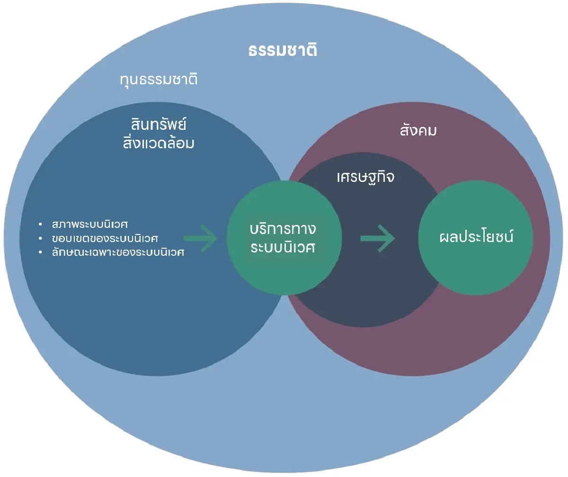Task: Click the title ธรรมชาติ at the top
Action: (x=283, y=51)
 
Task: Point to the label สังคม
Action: (x=418, y=131)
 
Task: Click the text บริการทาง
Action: (x=283, y=229)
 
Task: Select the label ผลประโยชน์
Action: (x=476, y=237)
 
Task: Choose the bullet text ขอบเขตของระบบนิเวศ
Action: (x=105, y=237)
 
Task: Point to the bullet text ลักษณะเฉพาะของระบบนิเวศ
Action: (x=118, y=252)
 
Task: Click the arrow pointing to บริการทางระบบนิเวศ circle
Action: (x=201, y=238)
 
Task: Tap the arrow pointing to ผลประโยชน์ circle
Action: (x=377, y=238)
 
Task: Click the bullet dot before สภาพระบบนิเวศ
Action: (x=41, y=223)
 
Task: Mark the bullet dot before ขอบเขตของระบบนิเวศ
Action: (x=41, y=237)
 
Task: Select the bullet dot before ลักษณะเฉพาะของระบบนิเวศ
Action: (x=41, y=252)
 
